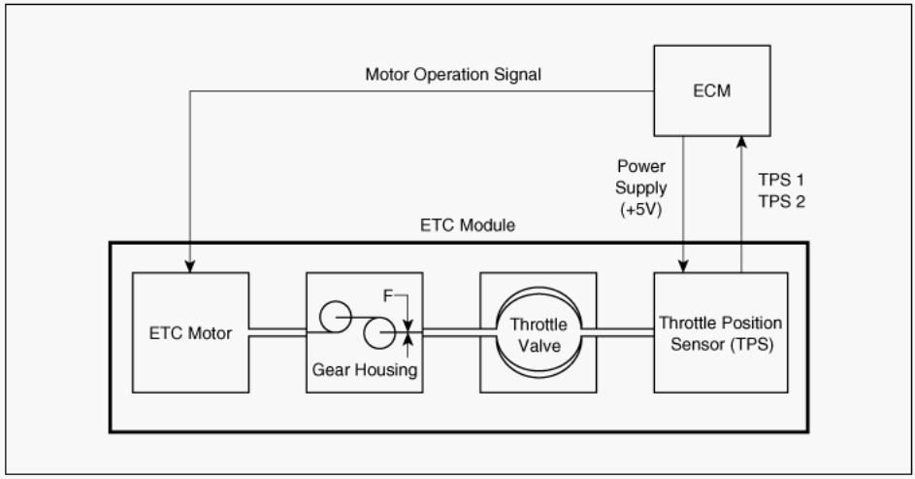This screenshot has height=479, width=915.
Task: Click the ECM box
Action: (x=712, y=90)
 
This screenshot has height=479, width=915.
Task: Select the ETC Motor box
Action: (x=191, y=332)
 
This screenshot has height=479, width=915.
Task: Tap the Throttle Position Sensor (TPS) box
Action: (x=721, y=332)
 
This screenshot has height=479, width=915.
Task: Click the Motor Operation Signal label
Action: (x=453, y=75)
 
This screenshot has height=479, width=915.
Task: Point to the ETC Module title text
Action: (x=468, y=225)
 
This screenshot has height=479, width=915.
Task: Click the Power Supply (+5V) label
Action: (x=641, y=188)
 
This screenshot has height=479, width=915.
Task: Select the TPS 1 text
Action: (x=781, y=180)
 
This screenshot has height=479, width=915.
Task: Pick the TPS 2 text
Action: (x=781, y=201)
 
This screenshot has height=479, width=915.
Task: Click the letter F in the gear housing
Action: (x=388, y=296)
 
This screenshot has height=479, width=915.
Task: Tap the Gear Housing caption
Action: (x=365, y=370)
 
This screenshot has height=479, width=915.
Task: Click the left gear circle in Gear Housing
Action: (x=336, y=317)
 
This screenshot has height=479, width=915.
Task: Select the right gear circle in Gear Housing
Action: (x=379, y=333)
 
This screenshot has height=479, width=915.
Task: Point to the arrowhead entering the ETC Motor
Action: (x=189, y=266)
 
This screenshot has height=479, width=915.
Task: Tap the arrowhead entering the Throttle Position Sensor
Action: (x=683, y=266)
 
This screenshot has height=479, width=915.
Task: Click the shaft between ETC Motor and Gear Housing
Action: (x=278, y=332)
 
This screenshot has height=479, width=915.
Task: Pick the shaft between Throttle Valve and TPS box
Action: (x=617, y=332)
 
